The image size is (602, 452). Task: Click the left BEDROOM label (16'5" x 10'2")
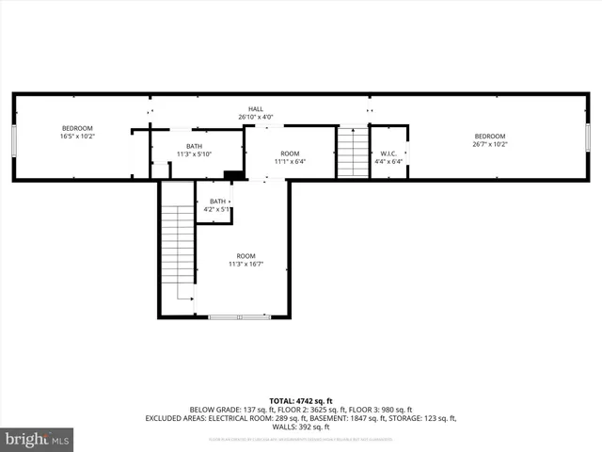77,132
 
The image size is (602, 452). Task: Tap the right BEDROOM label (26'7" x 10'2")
489,140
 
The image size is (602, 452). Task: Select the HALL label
255,109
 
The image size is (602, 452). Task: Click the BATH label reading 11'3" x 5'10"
193,150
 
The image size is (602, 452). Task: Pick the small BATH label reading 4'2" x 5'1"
217,204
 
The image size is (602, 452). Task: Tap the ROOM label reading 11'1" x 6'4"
290,157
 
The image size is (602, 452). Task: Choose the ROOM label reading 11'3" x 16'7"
246,260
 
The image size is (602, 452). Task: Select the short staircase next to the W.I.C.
353,152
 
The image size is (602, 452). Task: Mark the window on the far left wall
13,138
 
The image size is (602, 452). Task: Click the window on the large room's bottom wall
239,317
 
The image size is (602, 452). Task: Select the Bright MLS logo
37,439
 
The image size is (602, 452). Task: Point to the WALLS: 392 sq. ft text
300,427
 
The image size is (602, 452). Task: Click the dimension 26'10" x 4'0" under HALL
255,118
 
